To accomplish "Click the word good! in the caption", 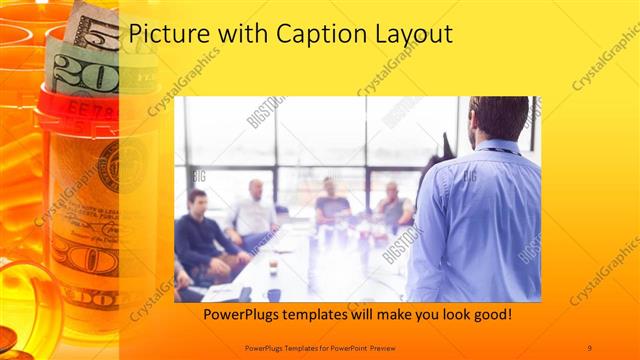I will (x=490, y=315).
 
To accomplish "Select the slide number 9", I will (x=589, y=346).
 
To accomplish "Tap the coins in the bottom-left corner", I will (x=9, y=335).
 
